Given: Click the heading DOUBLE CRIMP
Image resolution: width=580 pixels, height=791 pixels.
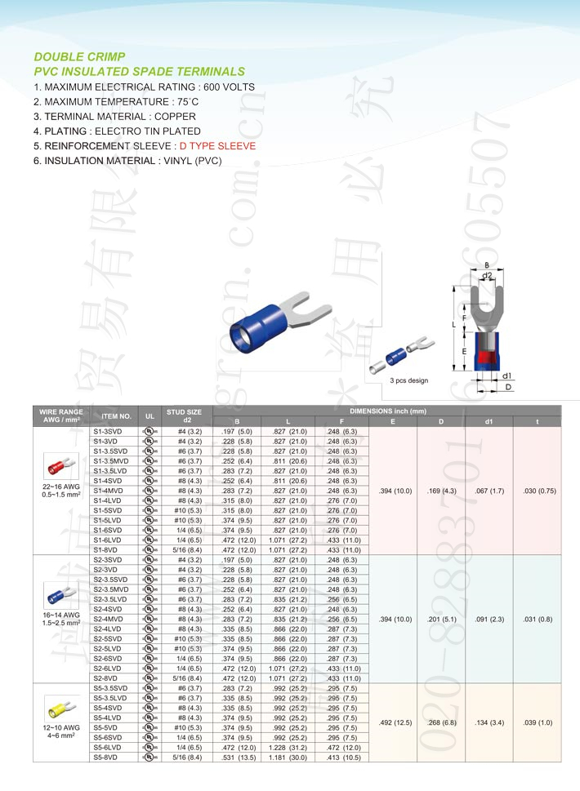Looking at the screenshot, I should (79, 57).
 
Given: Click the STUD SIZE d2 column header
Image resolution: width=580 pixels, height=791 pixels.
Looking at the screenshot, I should (184, 415).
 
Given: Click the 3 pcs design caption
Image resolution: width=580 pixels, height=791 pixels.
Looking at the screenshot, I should (408, 380).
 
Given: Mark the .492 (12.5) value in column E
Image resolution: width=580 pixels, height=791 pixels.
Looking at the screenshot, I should (395, 722).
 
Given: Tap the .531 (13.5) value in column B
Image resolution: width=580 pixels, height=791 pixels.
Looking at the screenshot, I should (239, 757).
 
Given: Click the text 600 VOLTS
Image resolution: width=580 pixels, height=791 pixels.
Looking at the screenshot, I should (227, 87).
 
